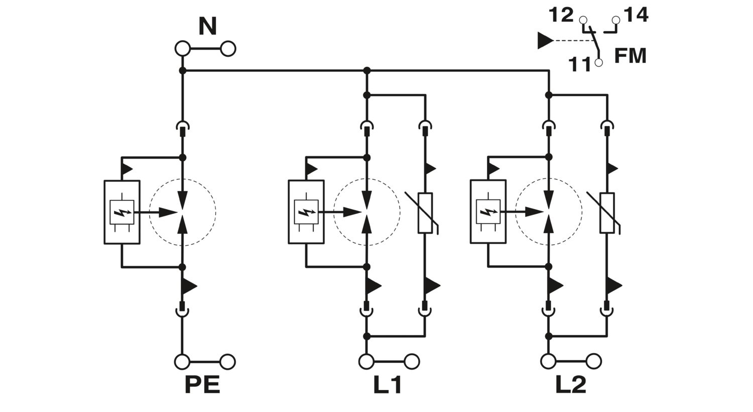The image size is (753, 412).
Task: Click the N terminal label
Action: [207, 27]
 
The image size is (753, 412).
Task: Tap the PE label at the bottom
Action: [202, 385]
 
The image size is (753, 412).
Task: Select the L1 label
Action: [387, 385]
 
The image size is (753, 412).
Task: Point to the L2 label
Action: [571, 385]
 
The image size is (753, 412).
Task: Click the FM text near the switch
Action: [631, 56]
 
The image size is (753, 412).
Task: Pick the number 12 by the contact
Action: [560, 15]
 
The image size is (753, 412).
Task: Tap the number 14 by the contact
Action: [636, 15]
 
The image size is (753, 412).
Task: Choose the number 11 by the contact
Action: [580, 64]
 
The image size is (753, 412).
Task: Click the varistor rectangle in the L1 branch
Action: [425, 213]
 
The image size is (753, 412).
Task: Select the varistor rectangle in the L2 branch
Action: [607, 213]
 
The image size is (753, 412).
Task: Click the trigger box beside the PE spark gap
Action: [121, 212]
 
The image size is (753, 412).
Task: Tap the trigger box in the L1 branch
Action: [306, 212]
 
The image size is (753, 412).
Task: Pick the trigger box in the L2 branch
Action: [487, 212]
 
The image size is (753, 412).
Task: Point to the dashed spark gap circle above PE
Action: [183, 212]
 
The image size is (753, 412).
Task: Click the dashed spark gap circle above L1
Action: [367, 212]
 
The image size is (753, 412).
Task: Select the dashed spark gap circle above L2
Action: [549, 212]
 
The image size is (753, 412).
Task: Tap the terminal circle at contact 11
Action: [598, 63]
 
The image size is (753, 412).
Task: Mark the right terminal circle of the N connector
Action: [228, 49]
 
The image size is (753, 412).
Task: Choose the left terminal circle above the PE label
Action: [182, 361]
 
